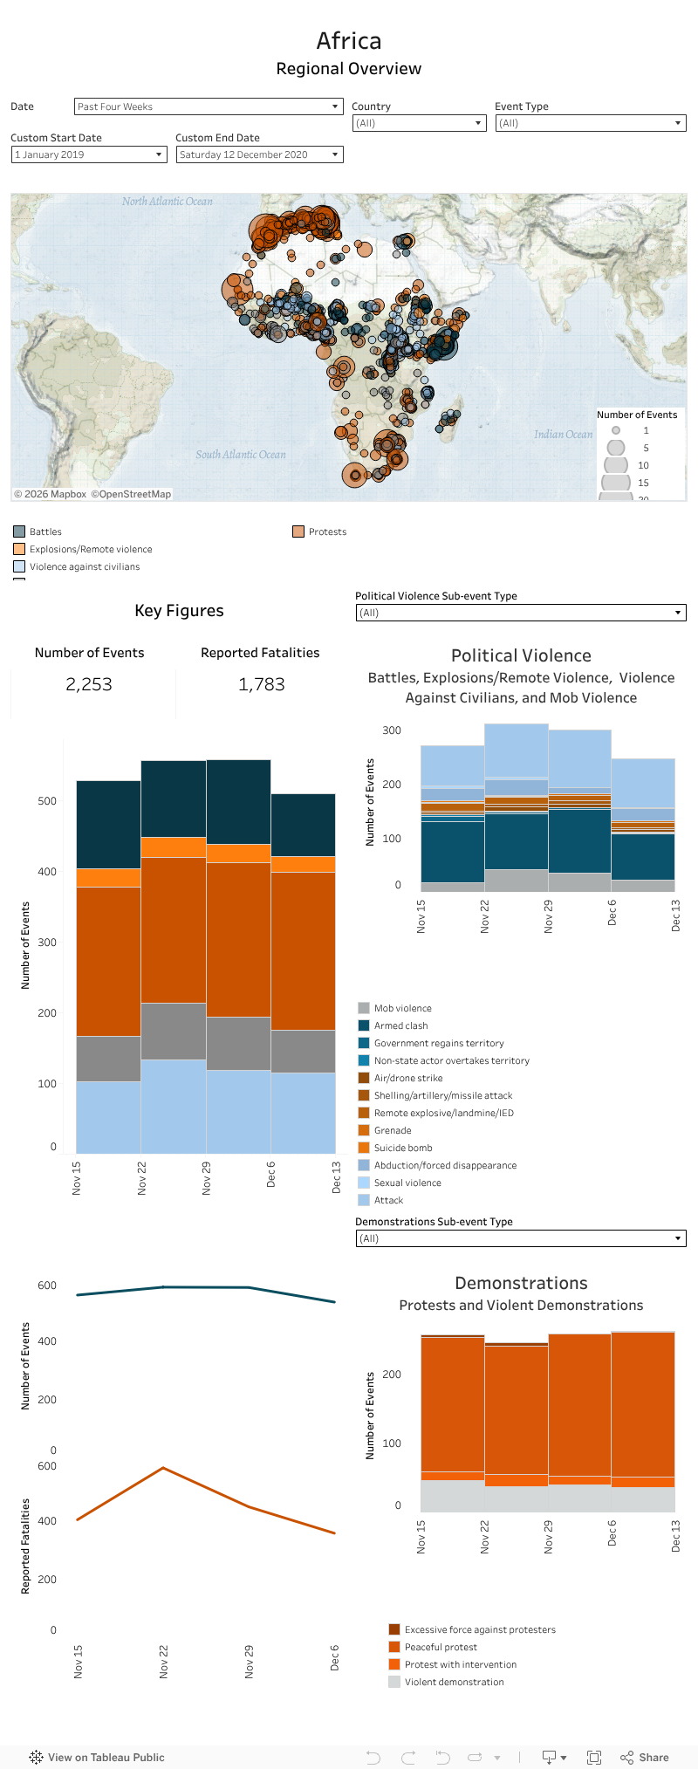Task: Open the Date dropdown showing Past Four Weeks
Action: point(208,106)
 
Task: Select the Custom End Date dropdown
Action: point(259,154)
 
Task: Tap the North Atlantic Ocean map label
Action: point(168,202)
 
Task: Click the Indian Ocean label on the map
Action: point(563,434)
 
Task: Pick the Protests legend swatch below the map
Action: point(298,531)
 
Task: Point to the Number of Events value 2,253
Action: point(89,684)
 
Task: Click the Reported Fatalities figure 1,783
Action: point(262,684)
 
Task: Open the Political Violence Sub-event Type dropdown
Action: point(521,613)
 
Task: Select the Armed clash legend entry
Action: point(400,1025)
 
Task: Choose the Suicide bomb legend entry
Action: point(403,1148)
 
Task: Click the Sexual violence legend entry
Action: point(407,1183)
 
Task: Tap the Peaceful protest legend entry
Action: point(441,1647)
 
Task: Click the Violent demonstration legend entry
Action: point(454,1682)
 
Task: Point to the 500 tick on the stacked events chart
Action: point(47,801)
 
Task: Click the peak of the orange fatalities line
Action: point(163,1468)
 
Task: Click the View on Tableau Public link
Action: point(106,1757)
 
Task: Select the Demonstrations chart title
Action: point(521,1283)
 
